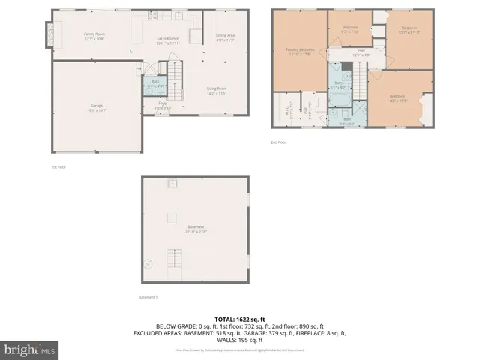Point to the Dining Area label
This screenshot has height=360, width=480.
[x=226, y=37]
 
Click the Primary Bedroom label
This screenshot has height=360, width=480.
[x=300, y=52]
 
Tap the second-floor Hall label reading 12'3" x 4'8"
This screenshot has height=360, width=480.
[x=361, y=52]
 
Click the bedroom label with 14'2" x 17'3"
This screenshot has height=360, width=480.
[x=397, y=97]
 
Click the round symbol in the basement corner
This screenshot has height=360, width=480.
[x=148, y=263]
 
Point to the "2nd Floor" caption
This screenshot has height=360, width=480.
[x=279, y=142]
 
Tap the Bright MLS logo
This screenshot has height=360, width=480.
[x=30, y=349]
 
